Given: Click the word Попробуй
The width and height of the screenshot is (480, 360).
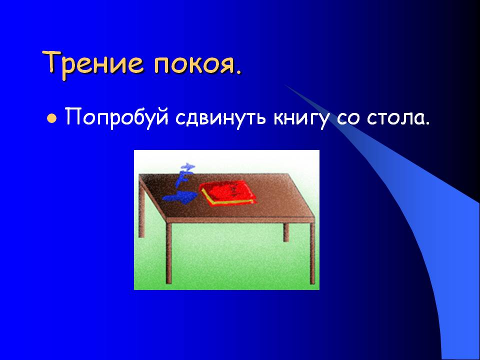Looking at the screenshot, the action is click(117, 117).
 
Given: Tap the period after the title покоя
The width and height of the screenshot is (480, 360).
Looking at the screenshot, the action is click(238, 72).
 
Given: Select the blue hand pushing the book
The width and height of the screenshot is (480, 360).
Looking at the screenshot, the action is click(178, 197).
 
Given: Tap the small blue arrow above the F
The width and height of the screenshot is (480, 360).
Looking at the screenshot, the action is click(187, 166).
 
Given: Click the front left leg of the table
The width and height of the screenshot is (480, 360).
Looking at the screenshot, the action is click(168, 252).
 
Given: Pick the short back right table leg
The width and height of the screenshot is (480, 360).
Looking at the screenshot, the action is click(286, 232).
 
